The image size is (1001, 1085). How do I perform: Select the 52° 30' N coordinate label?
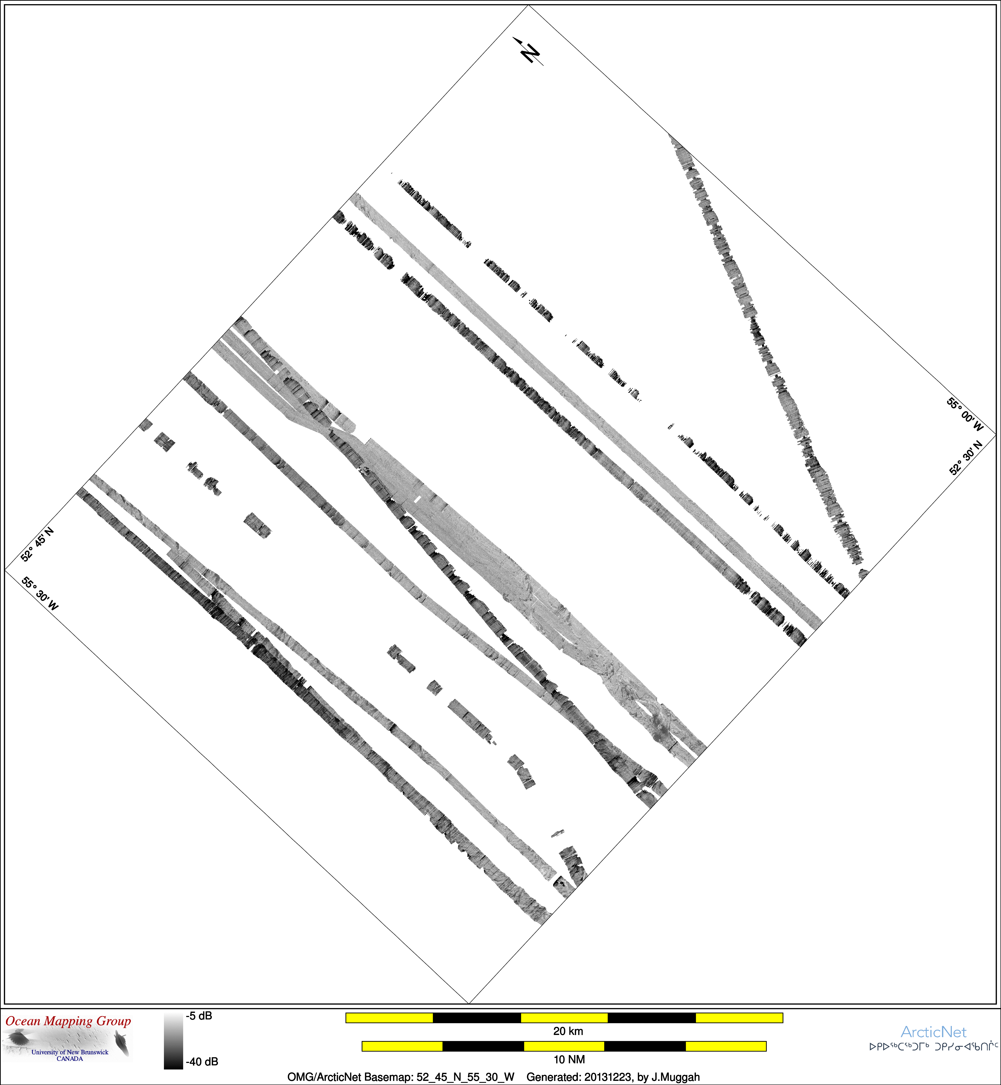click(966, 458)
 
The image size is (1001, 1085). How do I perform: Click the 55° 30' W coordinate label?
click(40, 594)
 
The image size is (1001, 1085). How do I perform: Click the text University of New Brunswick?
click(70, 1052)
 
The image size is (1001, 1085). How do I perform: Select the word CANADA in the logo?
click(70, 1059)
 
